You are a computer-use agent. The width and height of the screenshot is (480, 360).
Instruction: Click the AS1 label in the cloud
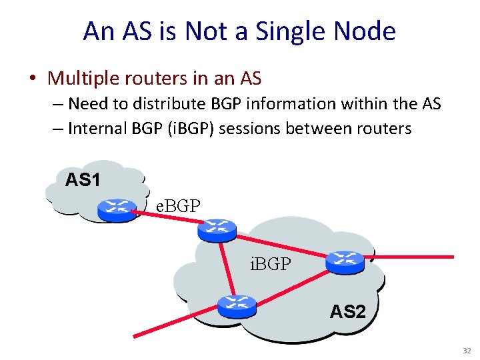pos(83,180)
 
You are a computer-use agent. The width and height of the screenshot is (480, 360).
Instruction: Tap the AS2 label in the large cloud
pos(347,311)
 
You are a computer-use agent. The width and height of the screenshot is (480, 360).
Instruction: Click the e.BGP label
pos(177,206)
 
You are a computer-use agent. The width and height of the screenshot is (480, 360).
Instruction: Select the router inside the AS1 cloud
pos(117,210)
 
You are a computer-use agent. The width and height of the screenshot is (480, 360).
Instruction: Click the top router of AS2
pos(217,230)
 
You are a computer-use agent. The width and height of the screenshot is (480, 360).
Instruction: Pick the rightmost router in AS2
pos(345,262)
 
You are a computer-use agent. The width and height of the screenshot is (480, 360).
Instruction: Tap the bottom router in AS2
pos(237,305)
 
